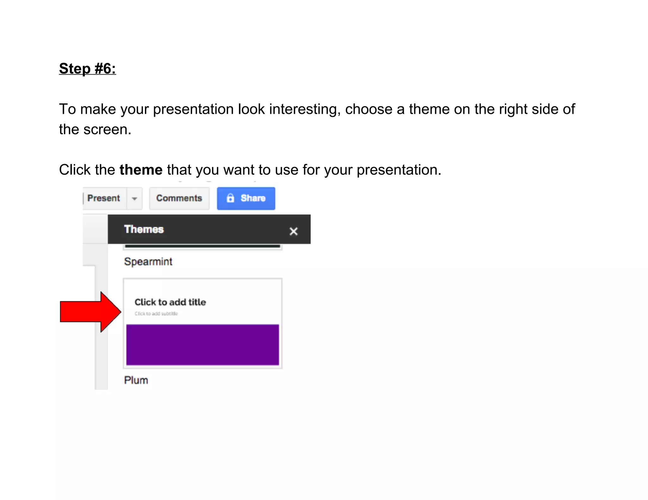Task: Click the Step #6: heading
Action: click(x=87, y=69)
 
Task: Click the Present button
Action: click(x=104, y=198)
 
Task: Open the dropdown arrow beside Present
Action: click(x=134, y=199)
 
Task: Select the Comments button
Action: click(x=179, y=198)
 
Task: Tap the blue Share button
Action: click(x=246, y=198)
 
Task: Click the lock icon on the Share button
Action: click(x=230, y=198)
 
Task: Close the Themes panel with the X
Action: click(x=293, y=231)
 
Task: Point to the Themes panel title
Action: click(x=144, y=229)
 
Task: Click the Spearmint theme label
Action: click(x=148, y=262)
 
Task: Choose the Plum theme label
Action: click(x=136, y=380)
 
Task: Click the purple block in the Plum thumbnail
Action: click(x=202, y=345)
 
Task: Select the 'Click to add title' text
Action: click(x=170, y=302)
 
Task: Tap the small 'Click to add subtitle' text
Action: click(x=156, y=314)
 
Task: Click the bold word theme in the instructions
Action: click(x=141, y=170)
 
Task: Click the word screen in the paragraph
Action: click(x=107, y=130)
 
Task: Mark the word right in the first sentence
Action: click(x=513, y=109)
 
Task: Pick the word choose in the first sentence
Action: click(x=369, y=109)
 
